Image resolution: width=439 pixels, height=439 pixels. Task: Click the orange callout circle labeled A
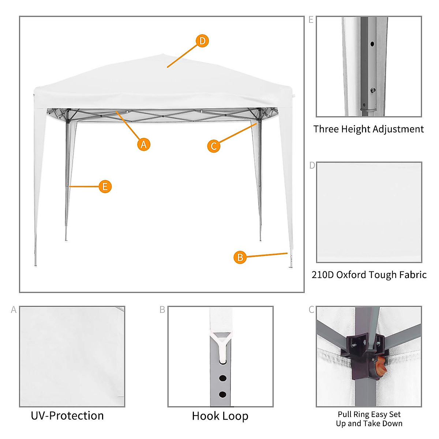(x=144, y=144)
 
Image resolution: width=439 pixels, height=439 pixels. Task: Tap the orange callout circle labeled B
(x=240, y=257)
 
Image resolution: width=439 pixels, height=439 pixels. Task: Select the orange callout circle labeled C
(x=214, y=146)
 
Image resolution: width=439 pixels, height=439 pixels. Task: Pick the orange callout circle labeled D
(x=202, y=41)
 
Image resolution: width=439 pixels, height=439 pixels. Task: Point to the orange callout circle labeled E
(x=105, y=187)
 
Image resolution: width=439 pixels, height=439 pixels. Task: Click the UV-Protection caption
(x=67, y=416)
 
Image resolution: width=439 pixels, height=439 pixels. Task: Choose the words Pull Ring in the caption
(x=353, y=414)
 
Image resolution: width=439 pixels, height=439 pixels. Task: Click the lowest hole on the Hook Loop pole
(x=222, y=395)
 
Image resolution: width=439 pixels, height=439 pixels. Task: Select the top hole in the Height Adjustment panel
(x=372, y=44)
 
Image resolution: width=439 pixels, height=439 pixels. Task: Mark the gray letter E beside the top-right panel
(x=311, y=20)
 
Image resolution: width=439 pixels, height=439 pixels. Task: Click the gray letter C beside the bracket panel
(x=311, y=310)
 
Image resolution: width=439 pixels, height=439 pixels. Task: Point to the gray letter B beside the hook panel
(x=162, y=310)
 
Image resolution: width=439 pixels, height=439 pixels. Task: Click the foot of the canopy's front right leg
(x=291, y=266)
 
